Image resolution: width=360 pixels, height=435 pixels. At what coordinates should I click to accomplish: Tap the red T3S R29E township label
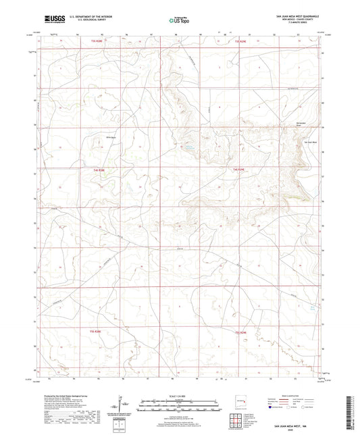pyautogui.click(x=240, y=42)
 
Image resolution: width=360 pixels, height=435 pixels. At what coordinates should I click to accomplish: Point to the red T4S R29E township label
pyautogui.click(x=239, y=169)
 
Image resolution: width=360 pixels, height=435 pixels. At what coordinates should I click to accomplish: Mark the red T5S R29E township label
pyautogui.click(x=241, y=332)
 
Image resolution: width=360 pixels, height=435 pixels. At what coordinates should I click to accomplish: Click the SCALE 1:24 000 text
pyautogui.click(x=179, y=396)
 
